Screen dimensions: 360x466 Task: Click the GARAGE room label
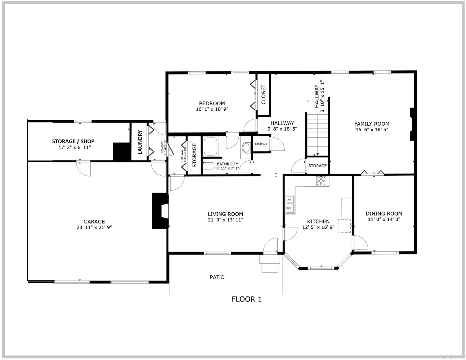click(94, 222)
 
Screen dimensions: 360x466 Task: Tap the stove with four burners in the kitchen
click(321, 181)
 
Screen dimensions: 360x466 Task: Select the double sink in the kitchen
click(290, 205)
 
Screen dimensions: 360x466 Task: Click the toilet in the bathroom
click(208, 166)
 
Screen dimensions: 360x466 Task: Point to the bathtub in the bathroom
click(210, 146)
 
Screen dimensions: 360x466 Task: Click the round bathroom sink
click(246, 148)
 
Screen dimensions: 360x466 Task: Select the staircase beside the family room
click(318, 134)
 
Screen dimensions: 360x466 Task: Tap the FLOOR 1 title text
click(247, 299)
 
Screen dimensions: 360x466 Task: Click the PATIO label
click(217, 277)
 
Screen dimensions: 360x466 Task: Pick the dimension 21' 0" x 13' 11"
click(225, 220)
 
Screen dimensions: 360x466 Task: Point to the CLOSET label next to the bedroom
click(264, 95)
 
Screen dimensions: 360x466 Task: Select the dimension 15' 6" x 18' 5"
click(372, 130)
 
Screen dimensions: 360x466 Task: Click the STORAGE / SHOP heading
click(73, 141)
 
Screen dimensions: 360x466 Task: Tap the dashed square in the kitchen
click(344, 226)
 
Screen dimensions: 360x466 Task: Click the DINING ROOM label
click(384, 214)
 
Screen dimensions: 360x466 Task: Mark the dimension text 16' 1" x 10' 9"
click(212, 109)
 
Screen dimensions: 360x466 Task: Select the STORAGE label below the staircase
click(317, 166)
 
